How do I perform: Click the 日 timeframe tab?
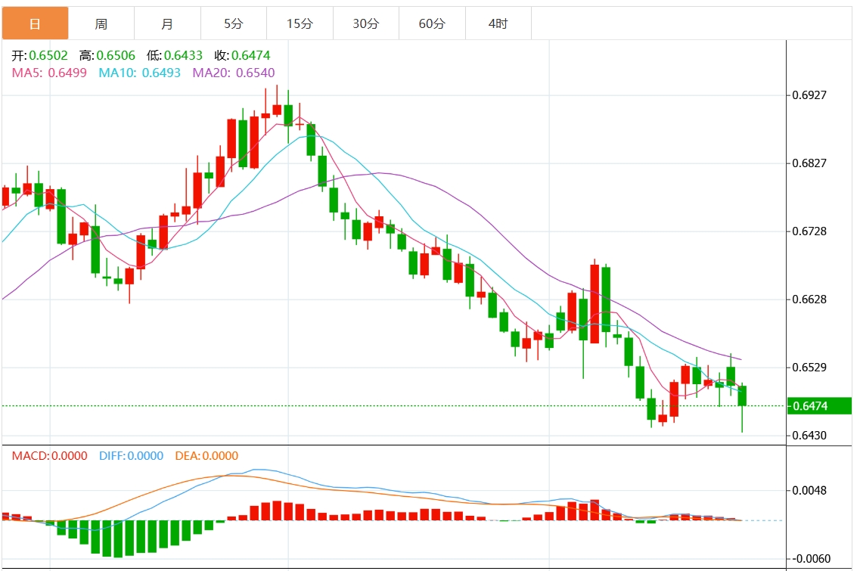(x=35, y=23)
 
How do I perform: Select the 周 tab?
(x=101, y=23)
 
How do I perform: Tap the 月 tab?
(x=167, y=23)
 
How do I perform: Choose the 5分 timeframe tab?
(x=234, y=23)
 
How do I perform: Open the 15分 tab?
(x=300, y=23)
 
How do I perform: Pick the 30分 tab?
(x=366, y=23)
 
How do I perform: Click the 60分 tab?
(x=432, y=23)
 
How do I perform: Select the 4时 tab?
(x=498, y=23)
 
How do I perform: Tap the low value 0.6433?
(x=184, y=55)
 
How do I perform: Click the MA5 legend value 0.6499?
(x=67, y=73)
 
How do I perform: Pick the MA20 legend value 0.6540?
(x=255, y=73)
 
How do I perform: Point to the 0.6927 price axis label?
(x=810, y=95)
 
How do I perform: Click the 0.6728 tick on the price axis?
(x=810, y=231)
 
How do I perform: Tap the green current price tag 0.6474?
(x=818, y=406)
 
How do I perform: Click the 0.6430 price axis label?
(x=810, y=436)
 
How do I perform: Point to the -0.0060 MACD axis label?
(x=810, y=559)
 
